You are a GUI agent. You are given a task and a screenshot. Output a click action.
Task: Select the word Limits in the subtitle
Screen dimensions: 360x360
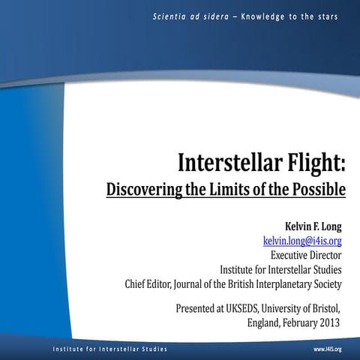238,189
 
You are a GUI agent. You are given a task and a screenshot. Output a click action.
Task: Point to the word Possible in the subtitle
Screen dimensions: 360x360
319,189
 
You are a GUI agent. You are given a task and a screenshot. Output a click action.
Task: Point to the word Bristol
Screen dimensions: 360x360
324,308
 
